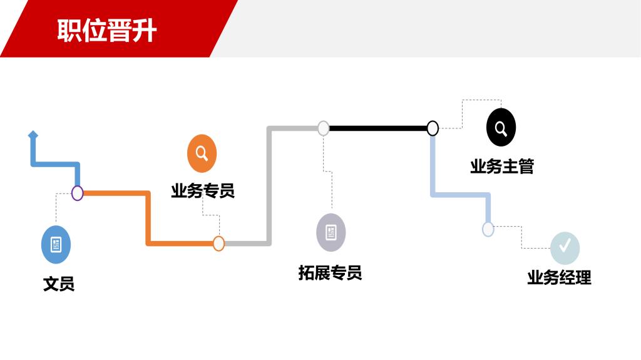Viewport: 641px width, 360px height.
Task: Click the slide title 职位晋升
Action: (106, 30)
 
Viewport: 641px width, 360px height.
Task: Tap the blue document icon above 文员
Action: (56, 245)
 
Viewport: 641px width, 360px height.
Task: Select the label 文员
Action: (59, 284)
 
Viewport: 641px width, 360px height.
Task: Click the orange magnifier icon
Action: (202, 153)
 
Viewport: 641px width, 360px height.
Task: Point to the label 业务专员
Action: (203, 190)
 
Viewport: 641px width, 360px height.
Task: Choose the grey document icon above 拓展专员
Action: (331, 232)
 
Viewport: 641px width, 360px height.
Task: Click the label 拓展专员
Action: (330, 273)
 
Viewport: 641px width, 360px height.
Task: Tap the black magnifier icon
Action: (501, 128)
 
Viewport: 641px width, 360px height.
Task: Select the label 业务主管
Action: (502, 167)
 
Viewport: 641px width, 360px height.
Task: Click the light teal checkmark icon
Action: (565, 247)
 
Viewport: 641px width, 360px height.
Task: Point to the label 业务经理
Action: (559, 277)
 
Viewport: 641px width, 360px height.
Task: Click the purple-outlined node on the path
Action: (77, 193)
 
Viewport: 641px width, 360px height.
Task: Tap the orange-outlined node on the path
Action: (218, 244)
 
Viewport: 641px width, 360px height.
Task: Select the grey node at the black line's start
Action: (323, 128)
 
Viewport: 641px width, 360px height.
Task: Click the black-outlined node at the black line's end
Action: (433, 128)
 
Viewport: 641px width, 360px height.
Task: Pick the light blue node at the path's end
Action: (488, 229)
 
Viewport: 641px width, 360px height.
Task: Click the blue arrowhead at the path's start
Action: (33, 135)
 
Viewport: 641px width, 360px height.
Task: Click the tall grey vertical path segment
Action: (269, 188)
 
